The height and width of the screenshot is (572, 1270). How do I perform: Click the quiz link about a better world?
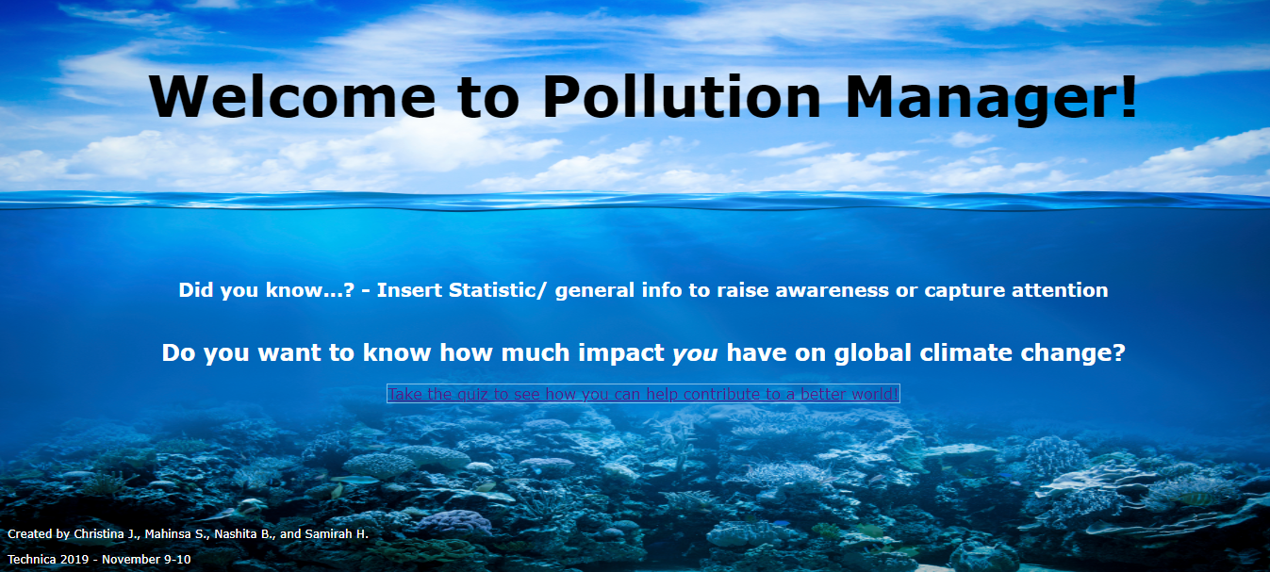tap(643, 394)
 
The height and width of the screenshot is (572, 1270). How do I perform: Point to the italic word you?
tap(695, 353)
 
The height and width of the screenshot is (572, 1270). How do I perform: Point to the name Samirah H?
tap(337, 534)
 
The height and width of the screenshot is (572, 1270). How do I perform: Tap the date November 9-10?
tap(146, 559)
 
